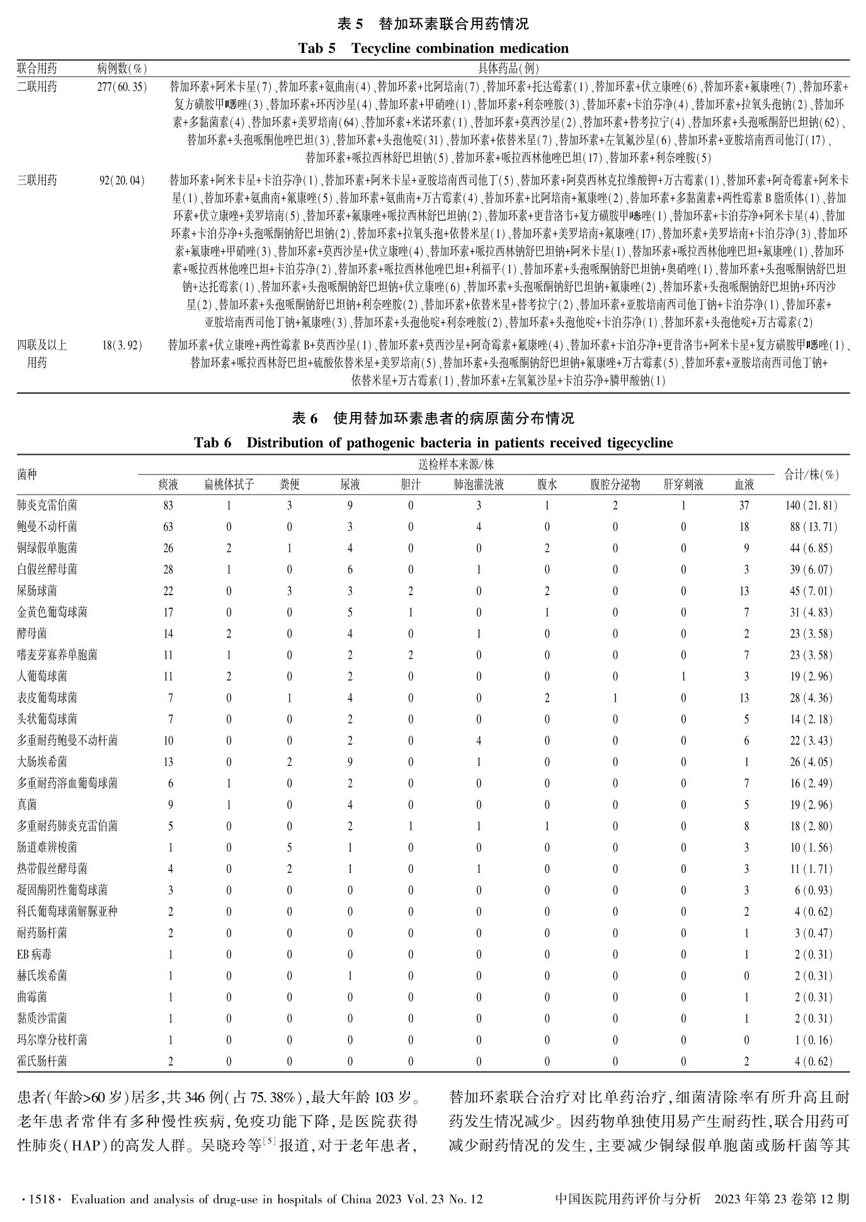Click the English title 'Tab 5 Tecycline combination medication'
pos(433,49)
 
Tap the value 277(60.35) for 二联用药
pos(122,87)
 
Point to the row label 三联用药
pos(37,181)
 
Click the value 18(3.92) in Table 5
pos(122,345)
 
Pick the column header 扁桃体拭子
pos(229,484)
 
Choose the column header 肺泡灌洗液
pos(479,484)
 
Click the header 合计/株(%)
pos(811,475)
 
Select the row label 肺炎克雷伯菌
pos(47,505)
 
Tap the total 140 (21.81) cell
pos(811,505)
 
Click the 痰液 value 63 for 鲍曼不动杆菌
pos(168,527)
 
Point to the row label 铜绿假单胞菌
pos(47,548)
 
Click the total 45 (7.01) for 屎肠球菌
pos(811,591)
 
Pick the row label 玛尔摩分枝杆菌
pos(52,1040)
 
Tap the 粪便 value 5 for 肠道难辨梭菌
pos(289,848)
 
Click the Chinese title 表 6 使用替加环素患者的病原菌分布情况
pos(433,418)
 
